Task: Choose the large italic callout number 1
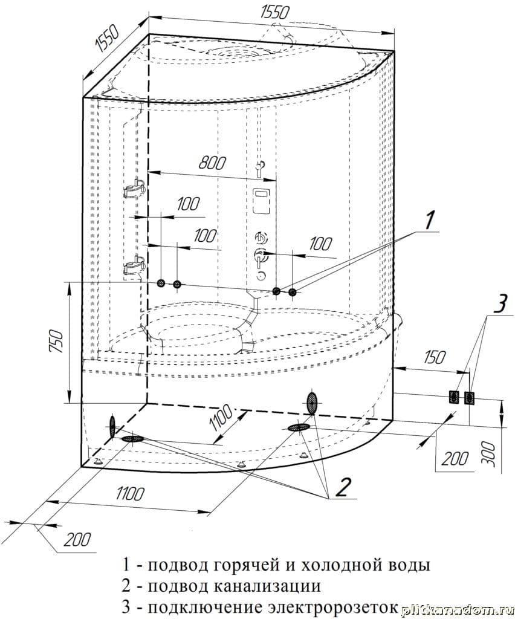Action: pos(430,221)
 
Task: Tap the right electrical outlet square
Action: pos(469,397)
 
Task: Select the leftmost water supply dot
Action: pos(161,284)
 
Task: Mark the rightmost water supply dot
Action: pos(293,293)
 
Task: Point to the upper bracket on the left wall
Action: pos(134,189)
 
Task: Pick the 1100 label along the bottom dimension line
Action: pos(128,493)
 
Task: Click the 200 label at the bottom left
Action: pos(77,539)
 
